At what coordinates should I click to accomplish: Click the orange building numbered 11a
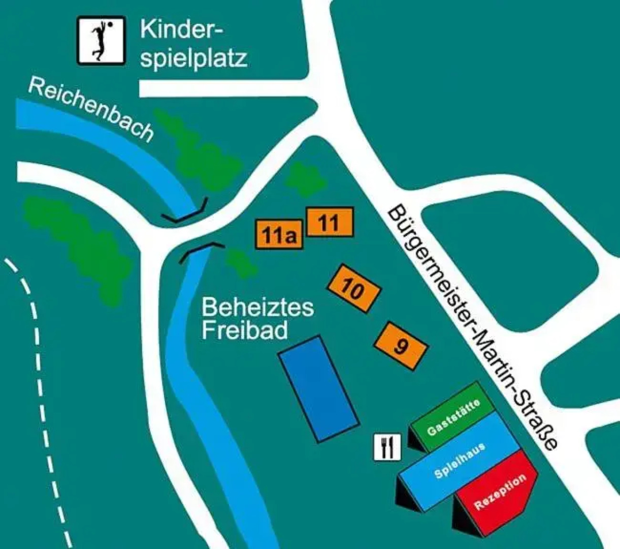(278, 235)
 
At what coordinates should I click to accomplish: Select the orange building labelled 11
(329, 222)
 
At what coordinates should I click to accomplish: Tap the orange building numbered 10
(353, 289)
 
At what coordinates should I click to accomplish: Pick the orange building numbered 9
(401, 346)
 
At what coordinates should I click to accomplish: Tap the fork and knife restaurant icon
(387, 447)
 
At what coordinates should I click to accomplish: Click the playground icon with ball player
(101, 41)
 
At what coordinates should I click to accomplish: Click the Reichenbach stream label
(90, 110)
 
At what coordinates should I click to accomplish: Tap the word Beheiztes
(257, 308)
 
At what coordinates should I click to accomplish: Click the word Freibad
(245, 330)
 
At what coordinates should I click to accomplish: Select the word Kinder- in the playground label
(181, 29)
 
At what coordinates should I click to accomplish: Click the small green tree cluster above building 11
(305, 179)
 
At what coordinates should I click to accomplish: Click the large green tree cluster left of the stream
(76, 244)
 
